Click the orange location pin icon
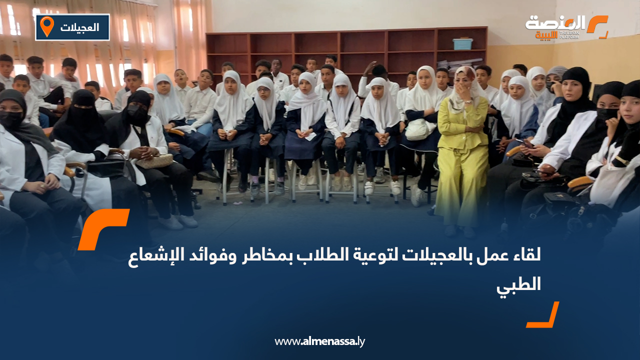[x=46, y=26]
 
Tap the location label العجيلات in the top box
[x=79, y=27]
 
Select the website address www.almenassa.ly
[x=319, y=342]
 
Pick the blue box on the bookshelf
[x=462, y=44]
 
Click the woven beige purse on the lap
[x=154, y=160]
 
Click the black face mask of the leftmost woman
[x=10, y=119]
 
